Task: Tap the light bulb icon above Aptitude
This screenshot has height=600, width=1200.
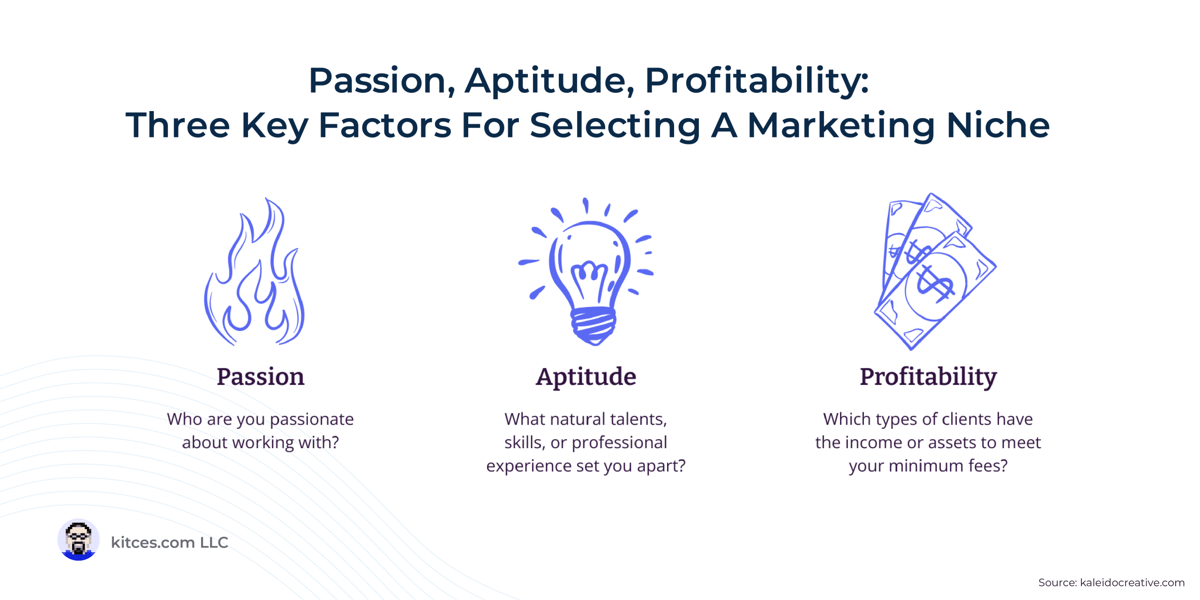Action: [586, 272]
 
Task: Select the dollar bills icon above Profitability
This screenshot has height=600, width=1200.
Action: [935, 272]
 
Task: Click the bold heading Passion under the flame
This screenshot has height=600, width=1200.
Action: [261, 377]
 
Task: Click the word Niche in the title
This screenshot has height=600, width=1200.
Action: [998, 125]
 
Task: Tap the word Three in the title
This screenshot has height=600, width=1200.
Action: [178, 125]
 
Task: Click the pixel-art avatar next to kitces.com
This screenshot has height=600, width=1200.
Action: [78, 540]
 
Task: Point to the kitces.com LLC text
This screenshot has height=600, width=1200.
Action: [170, 542]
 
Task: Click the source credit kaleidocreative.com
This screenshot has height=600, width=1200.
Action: [1132, 583]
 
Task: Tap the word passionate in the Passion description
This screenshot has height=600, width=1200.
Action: [312, 420]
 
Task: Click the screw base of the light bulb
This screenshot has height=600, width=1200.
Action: [593, 326]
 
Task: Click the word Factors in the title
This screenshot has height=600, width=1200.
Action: [385, 125]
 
